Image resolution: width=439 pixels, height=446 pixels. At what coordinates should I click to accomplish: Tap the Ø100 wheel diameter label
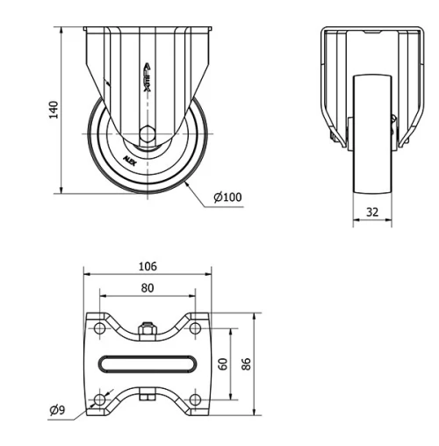point(228,198)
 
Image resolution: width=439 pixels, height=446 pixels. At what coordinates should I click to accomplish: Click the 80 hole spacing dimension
point(147,287)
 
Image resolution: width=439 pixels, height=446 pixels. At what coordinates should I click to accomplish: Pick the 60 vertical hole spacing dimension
point(224,363)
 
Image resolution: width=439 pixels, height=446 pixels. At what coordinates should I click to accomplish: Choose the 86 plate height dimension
point(246,363)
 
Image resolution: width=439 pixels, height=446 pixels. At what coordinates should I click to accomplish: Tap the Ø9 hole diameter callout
point(58,410)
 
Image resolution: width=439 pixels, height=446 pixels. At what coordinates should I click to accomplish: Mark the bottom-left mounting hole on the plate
point(98,399)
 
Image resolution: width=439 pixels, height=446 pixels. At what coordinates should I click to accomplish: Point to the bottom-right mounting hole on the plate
point(195,399)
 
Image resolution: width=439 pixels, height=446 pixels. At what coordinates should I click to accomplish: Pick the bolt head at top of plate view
point(147,331)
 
